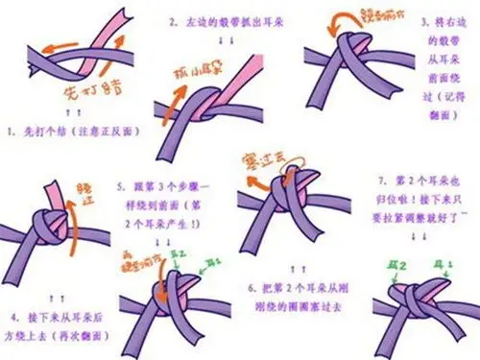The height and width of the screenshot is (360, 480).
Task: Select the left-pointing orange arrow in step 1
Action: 58,44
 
